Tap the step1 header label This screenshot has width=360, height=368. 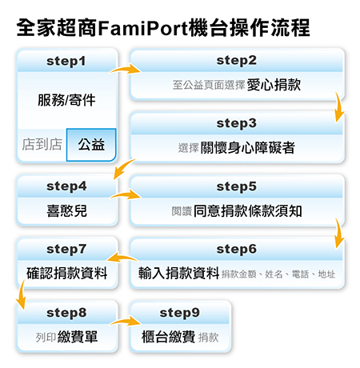[67, 61]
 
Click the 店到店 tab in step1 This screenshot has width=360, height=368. [41, 146]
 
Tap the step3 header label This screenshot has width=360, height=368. [237, 124]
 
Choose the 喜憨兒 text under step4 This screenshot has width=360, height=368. [66, 210]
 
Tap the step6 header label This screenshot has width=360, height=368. [237, 250]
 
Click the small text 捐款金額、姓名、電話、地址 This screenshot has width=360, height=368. [279, 274]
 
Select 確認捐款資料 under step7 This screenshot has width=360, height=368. [67, 274]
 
